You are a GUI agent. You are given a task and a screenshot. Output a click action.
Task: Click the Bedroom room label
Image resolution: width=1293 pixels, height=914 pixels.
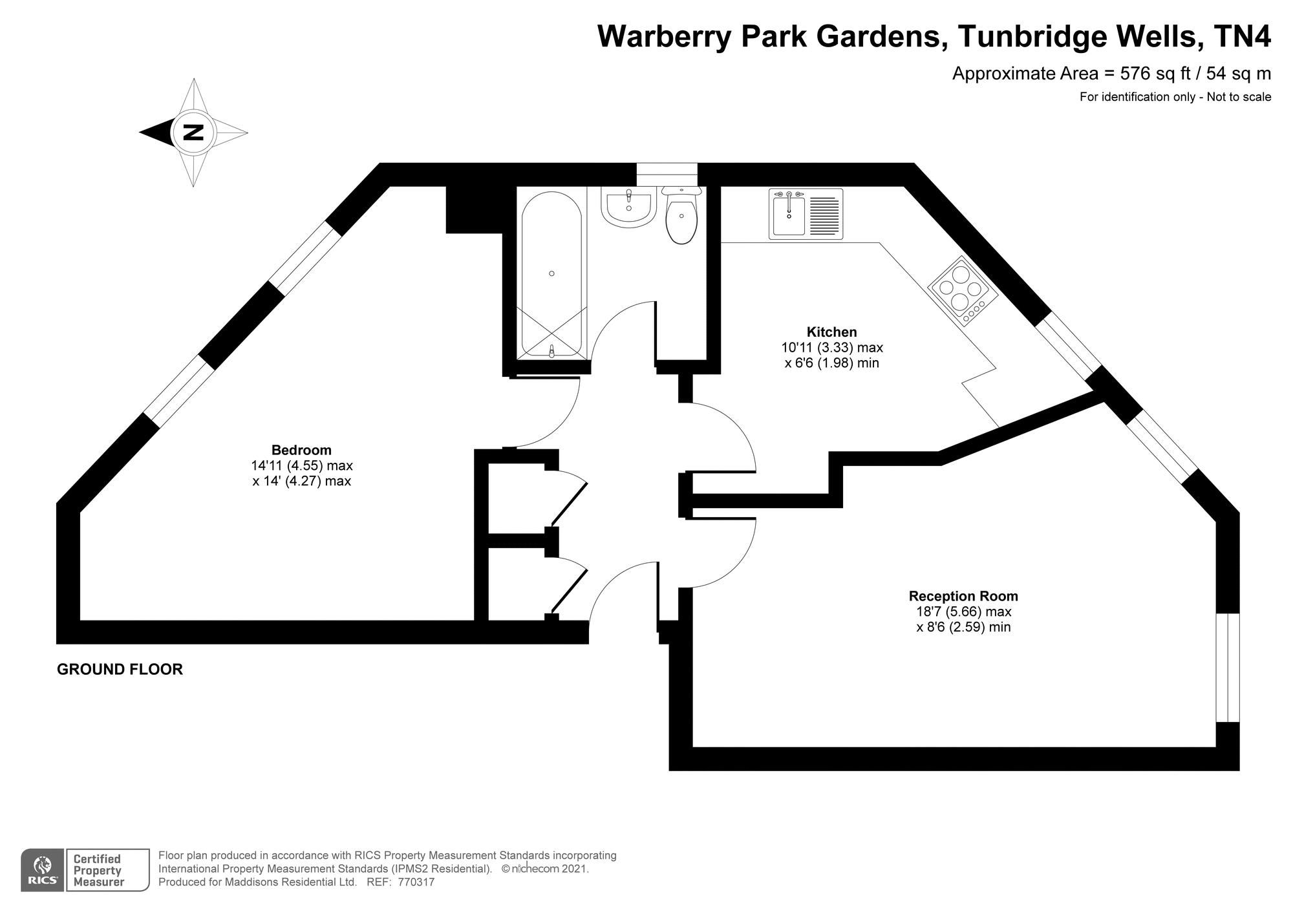[301, 450]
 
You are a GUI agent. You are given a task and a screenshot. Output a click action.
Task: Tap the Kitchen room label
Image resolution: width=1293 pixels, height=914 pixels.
[831, 332]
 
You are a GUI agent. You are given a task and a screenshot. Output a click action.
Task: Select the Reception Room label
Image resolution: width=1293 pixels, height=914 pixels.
[963, 596]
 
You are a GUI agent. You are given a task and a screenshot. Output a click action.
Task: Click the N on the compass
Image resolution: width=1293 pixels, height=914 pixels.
[193, 132]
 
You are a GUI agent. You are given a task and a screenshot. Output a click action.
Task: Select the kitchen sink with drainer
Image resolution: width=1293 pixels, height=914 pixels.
[806, 213]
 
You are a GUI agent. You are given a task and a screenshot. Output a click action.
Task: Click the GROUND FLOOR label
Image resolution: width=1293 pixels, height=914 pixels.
[120, 670]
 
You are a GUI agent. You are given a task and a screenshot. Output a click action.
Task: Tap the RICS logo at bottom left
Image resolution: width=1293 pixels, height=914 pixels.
[42, 870]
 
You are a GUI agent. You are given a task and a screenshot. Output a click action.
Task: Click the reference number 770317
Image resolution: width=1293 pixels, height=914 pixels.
[416, 882]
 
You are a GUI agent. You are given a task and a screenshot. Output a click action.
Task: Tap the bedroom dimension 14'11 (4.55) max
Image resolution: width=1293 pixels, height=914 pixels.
[302, 465]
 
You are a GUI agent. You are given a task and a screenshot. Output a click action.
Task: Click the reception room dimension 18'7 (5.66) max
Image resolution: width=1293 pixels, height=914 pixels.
[963, 611]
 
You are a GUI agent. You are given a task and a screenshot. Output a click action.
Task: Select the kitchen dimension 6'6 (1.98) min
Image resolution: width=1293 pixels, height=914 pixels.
[831, 363]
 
